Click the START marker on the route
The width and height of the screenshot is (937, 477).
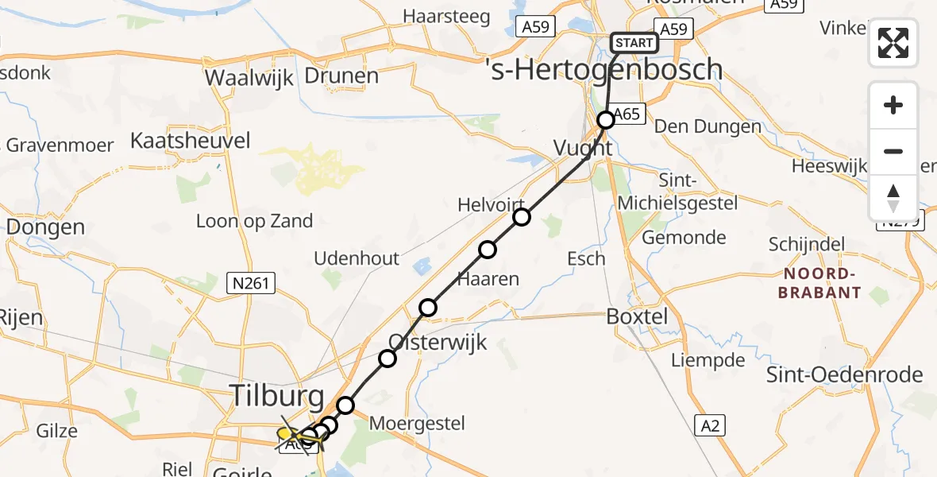pyautogui.click(x=634, y=43)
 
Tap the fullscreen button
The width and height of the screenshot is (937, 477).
pyautogui.click(x=893, y=43)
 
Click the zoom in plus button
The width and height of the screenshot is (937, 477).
pyautogui.click(x=893, y=105)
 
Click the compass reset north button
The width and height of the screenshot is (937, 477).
pyautogui.click(x=893, y=197)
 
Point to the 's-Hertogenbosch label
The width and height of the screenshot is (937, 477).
pyautogui.click(x=603, y=70)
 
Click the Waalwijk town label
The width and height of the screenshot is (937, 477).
pyautogui.click(x=249, y=78)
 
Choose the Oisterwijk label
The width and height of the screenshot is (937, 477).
pyautogui.click(x=437, y=343)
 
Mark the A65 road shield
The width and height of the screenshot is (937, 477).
pyautogui.click(x=627, y=114)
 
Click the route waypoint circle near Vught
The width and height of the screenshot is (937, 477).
pyautogui.click(x=606, y=120)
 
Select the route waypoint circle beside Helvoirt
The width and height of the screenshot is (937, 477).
pyautogui.click(x=521, y=217)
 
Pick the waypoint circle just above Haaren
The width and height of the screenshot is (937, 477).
pyautogui.click(x=488, y=250)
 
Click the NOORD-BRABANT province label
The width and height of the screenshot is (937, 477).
pyautogui.click(x=821, y=283)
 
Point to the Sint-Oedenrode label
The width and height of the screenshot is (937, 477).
pyautogui.click(x=844, y=375)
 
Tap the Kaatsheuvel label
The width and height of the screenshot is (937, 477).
pyautogui.click(x=190, y=142)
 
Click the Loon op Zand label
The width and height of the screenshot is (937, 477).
pyautogui.click(x=254, y=221)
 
